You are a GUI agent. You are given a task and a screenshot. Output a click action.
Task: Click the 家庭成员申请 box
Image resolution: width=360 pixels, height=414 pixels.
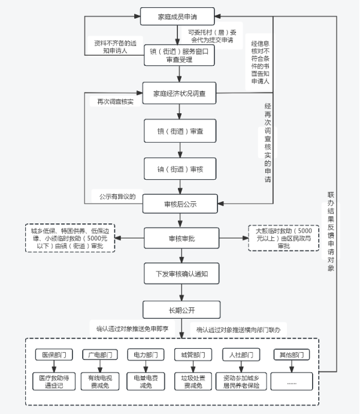177,16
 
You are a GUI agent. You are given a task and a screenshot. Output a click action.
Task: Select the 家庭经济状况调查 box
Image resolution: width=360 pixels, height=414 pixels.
179,93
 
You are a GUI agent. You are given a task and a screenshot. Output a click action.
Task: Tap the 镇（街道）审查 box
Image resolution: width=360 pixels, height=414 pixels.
180,131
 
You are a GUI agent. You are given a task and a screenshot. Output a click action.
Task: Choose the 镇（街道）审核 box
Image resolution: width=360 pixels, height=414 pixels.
180,169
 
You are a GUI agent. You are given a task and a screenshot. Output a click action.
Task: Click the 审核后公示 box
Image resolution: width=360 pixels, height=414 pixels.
180,204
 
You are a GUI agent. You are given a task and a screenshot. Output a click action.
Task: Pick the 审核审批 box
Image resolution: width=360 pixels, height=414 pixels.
181,238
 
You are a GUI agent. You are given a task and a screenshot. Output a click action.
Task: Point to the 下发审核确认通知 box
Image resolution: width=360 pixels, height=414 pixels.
181,274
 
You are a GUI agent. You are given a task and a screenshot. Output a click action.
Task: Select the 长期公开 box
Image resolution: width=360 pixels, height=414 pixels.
181,310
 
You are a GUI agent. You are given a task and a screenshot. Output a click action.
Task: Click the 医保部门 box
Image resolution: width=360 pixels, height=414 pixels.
54,355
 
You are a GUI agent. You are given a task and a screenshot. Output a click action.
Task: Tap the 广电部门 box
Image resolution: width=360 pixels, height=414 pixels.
100,355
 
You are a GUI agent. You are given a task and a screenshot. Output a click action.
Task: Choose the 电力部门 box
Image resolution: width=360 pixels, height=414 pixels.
146,355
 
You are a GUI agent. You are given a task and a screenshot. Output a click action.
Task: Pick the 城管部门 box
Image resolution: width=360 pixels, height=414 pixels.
193,355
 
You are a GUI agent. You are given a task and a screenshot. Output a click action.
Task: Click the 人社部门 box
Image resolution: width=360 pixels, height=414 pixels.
241,355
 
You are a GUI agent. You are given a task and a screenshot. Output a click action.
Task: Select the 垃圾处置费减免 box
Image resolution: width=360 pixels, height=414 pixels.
193,382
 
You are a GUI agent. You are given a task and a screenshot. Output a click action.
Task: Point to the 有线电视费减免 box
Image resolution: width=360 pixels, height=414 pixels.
100,382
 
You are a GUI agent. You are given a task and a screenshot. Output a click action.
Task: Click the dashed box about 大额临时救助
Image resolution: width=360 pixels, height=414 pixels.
284,238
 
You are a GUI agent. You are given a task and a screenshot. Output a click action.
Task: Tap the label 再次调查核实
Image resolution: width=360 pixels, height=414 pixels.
116,102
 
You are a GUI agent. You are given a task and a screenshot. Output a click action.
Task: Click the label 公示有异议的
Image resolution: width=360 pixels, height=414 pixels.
117,197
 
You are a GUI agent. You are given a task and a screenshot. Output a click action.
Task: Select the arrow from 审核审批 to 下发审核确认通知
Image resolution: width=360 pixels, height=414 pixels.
181,256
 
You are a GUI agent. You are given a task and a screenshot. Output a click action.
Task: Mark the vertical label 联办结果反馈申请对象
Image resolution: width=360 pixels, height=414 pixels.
331,231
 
